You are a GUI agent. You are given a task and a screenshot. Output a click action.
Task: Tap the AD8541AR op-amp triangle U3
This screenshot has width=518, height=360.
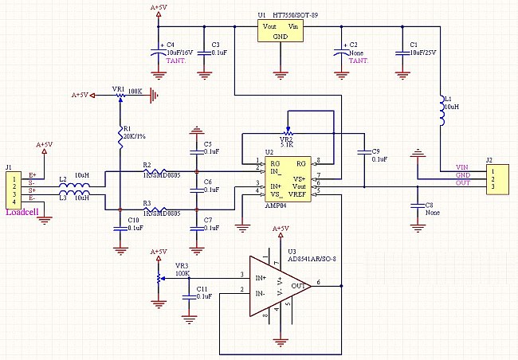[x=276, y=283]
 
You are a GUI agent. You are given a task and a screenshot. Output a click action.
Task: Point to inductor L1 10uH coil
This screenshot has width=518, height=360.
[x=440, y=112]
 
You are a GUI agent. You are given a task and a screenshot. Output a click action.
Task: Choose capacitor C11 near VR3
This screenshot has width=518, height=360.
[x=189, y=292]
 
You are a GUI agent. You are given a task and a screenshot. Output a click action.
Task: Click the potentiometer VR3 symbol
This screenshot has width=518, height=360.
[x=159, y=276]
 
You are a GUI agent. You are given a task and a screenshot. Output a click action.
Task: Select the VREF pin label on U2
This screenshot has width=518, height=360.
[x=299, y=194]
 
